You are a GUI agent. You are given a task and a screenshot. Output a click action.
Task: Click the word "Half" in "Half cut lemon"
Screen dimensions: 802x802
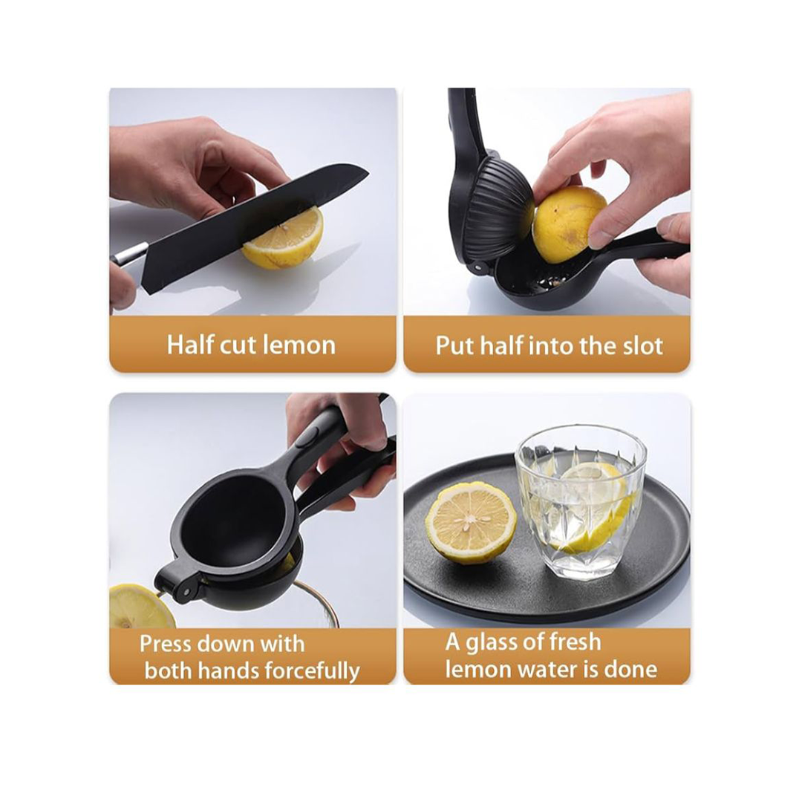pos(189,345)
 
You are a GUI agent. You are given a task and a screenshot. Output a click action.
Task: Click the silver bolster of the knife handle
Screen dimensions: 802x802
pos(131,254)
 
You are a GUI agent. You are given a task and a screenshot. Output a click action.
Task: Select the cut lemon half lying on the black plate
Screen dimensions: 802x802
pos(471,521)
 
